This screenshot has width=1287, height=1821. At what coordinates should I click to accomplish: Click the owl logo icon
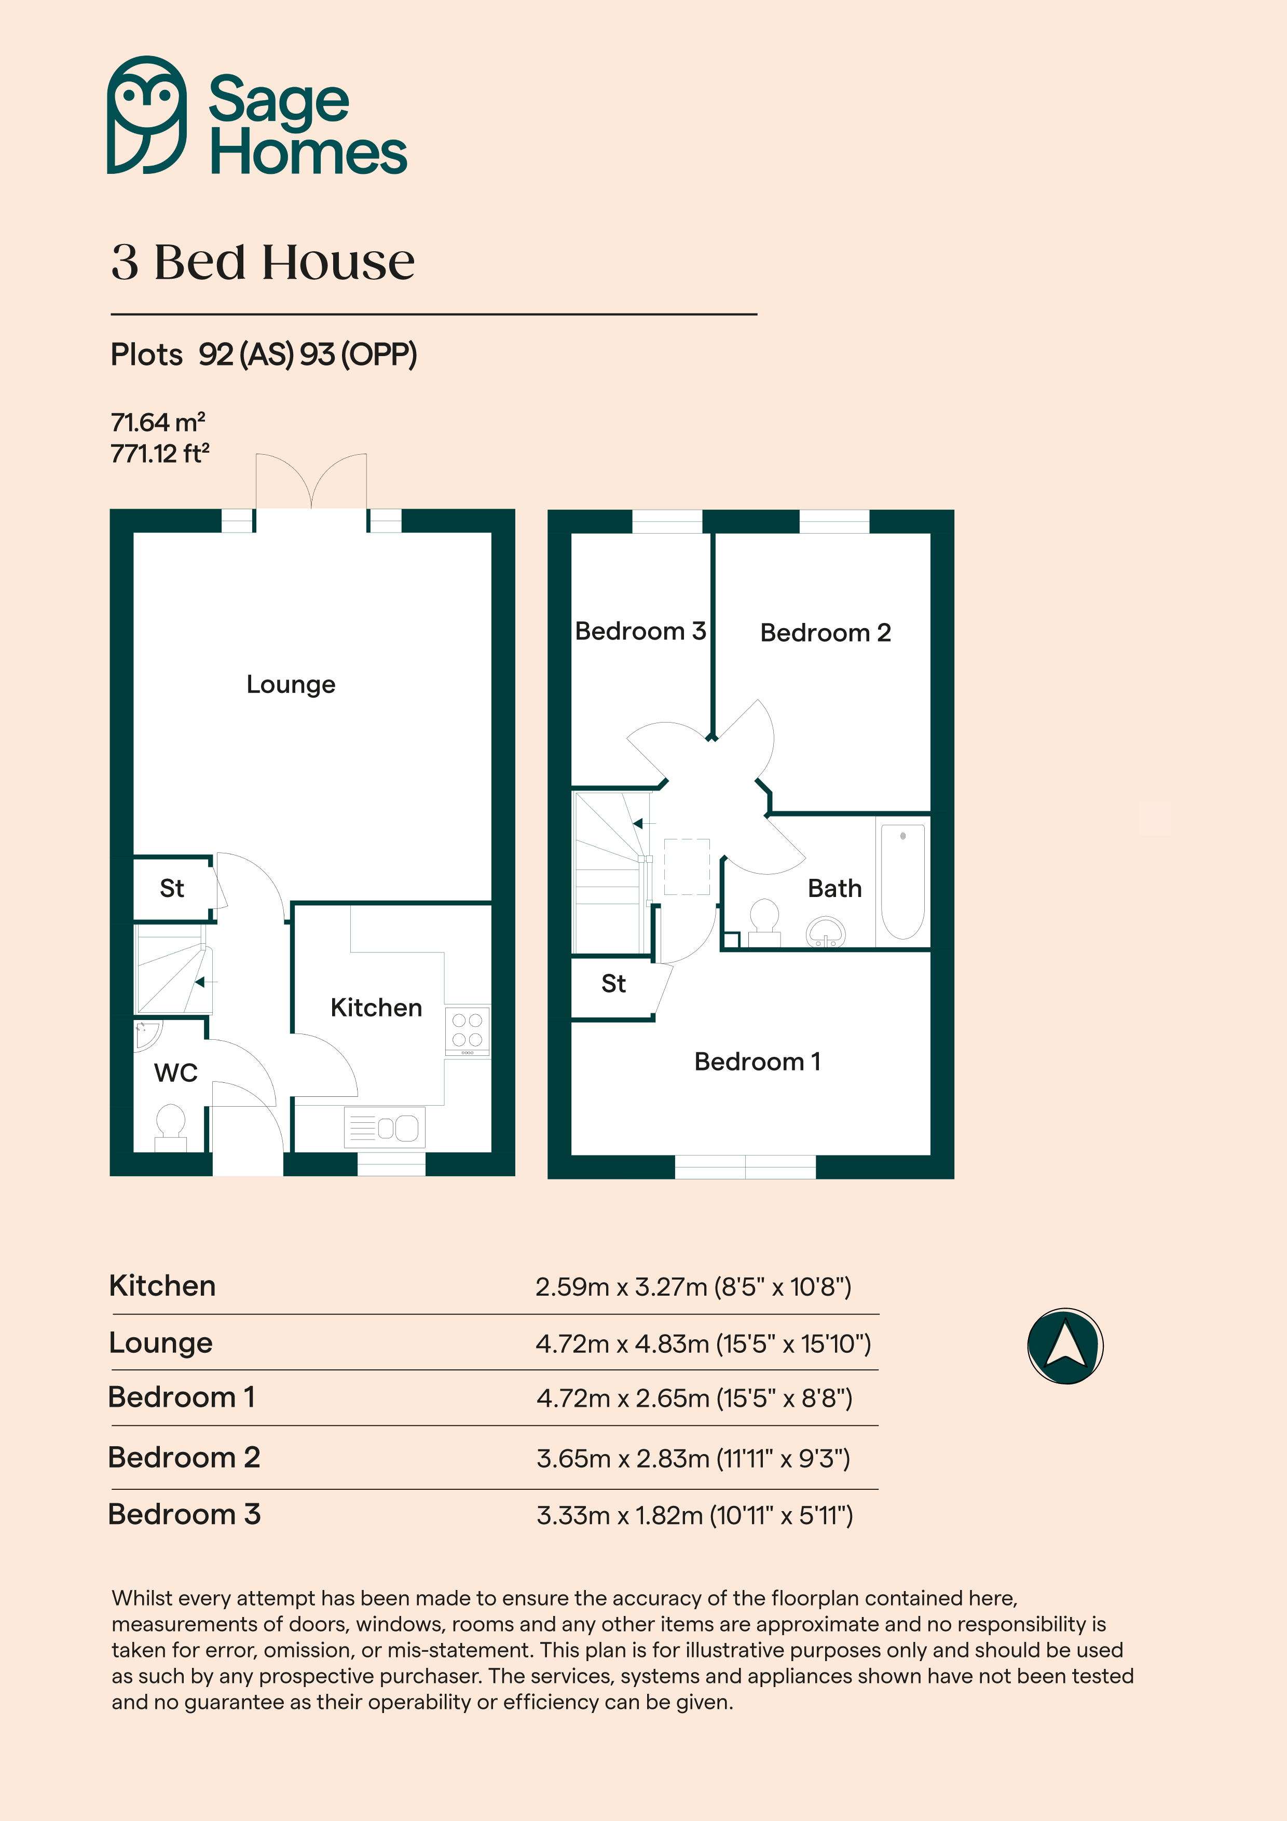pyautogui.click(x=147, y=115)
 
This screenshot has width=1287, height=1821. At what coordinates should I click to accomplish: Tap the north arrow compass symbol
pyautogui.click(x=1065, y=1346)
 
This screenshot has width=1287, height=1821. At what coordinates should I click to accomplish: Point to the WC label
pyautogui.click(x=175, y=1073)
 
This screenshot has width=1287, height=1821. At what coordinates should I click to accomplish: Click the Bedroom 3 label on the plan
pyautogui.click(x=640, y=631)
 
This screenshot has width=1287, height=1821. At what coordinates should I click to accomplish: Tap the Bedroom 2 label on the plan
pyautogui.click(x=826, y=633)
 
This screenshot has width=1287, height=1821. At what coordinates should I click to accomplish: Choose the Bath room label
pyautogui.click(x=834, y=888)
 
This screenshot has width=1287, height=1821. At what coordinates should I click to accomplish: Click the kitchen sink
pyautogui.click(x=385, y=1127)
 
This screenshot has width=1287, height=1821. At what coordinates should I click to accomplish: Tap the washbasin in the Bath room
pyautogui.click(x=826, y=933)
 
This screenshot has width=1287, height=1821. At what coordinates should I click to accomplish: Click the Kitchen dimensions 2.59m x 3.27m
pyautogui.click(x=692, y=1286)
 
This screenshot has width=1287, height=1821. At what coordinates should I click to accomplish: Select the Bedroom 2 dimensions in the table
pyautogui.click(x=692, y=1458)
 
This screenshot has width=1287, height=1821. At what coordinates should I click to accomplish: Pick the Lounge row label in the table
pyautogui.click(x=161, y=1343)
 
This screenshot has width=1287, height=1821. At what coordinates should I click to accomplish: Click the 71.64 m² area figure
pyautogui.click(x=158, y=422)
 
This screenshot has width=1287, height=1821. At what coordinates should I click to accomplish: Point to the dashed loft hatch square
pyautogui.click(x=687, y=867)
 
